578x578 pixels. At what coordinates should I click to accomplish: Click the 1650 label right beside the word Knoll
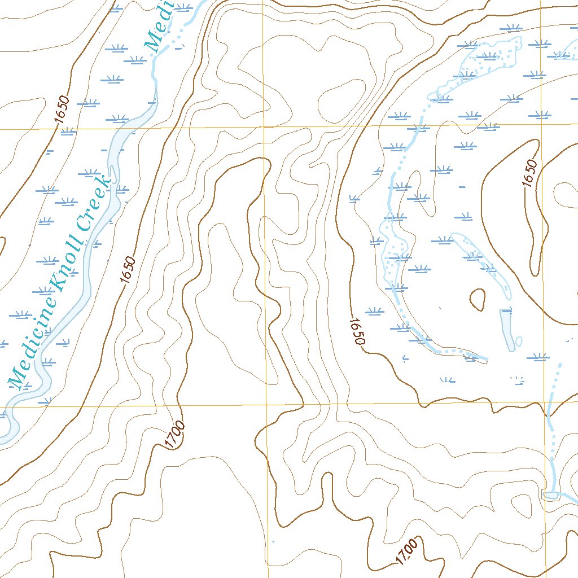coord(128,270)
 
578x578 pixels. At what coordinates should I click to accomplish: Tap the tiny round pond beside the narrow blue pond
coord(519,341)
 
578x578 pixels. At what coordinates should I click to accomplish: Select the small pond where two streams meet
coord(550,495)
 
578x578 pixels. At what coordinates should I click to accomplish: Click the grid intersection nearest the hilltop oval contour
coord(263,128)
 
